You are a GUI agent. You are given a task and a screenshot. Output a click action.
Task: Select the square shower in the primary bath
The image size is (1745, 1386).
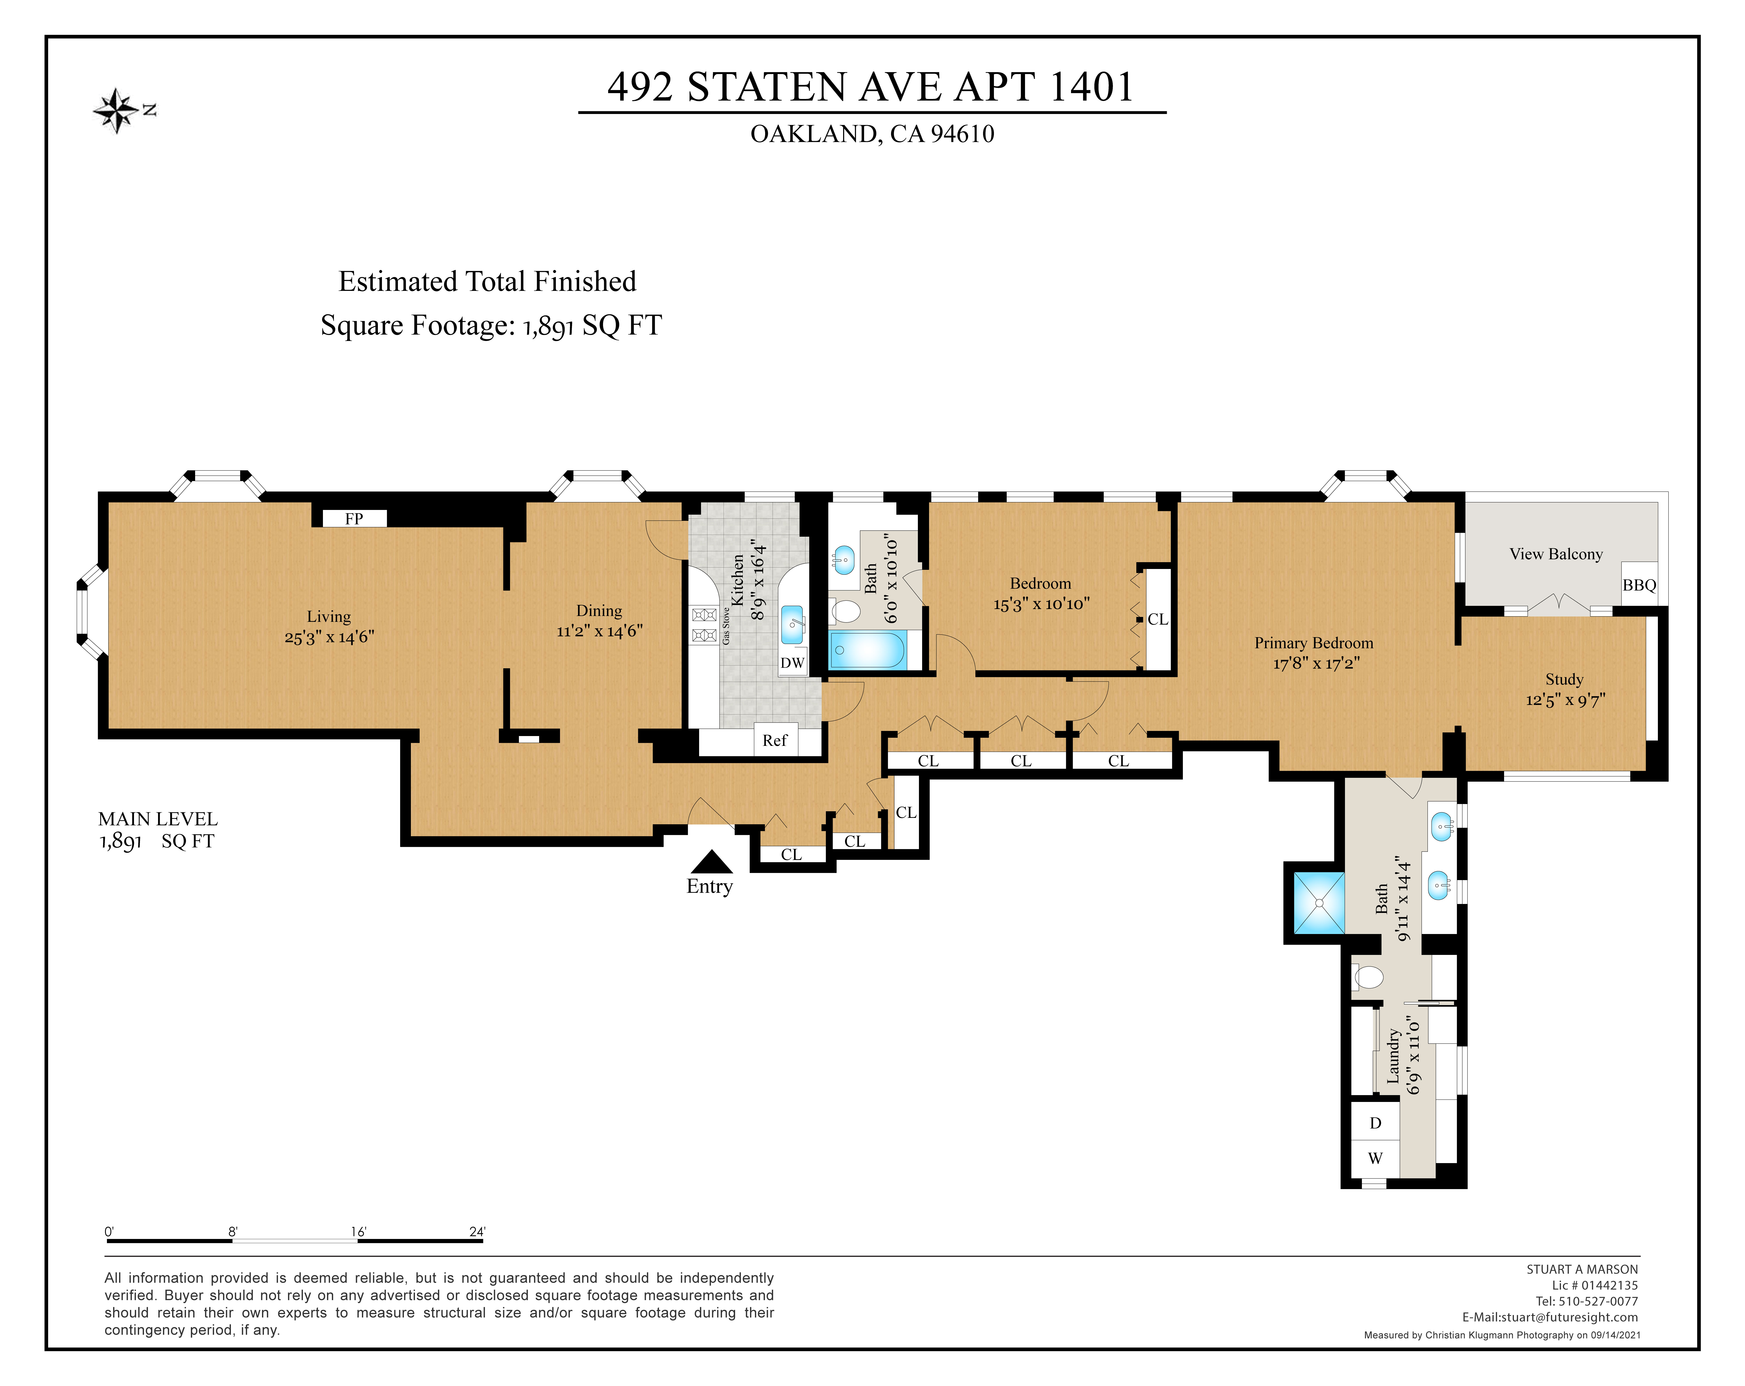(1319, 903)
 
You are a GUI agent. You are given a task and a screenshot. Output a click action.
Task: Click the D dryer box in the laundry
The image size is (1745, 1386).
(1375, 1123)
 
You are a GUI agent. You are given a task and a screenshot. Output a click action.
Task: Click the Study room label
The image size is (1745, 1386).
(1564, 679)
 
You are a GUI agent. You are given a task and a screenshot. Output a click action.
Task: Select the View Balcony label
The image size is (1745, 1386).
(1556, 554)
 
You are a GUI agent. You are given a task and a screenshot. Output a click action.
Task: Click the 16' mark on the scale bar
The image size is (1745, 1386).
(359, 1231)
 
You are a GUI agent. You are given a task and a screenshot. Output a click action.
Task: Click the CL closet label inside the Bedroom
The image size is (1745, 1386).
(1157, 619)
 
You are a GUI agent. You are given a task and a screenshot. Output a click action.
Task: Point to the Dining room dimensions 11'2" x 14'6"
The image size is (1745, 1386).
(600, 631)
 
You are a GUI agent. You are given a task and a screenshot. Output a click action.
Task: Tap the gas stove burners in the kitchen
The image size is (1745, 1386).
(704, 625)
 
